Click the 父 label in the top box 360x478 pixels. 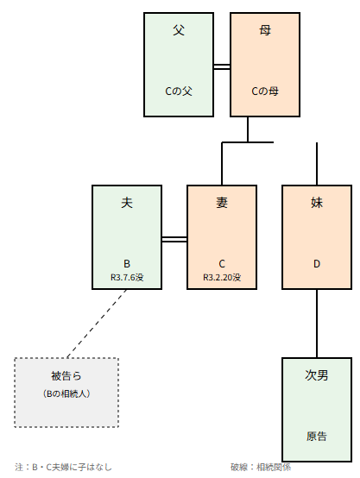(179, 30)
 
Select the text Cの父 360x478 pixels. (179, 91)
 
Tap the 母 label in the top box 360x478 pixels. (265, 30)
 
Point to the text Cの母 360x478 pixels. (265, 91)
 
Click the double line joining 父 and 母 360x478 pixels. (222, 66)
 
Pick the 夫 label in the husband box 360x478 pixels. (127, 203)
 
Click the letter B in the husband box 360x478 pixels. (127, 264)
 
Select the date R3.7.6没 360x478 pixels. (127, 278)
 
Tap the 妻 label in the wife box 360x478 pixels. (222, 203)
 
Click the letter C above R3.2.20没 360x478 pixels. (222, 264)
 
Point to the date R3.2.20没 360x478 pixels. (222, 278)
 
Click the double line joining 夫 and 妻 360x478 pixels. (174, 239)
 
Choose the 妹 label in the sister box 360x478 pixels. (317, 203)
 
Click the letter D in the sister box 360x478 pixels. (317, 264)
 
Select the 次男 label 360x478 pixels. (317, 375)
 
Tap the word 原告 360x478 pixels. (317, 437)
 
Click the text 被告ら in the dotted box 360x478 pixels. (66, 376)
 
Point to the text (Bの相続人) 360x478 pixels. (66, 393)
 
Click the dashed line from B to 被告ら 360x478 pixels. (97, 324)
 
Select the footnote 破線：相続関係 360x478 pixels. (261, 467)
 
